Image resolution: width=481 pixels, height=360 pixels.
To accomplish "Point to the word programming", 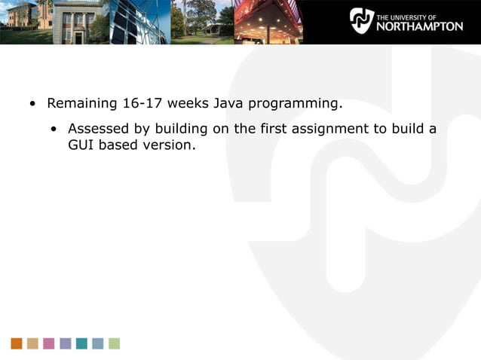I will click(x=296, y=104).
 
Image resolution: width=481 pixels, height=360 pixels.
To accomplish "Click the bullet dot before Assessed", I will click(x=54, y=129).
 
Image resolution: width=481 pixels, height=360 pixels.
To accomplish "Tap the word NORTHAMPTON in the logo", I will click(x=419, y=26).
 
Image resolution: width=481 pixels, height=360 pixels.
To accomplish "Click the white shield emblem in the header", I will click(x=361, y=20).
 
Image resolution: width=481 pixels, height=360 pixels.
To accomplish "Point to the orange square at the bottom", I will click(x=17, y=343).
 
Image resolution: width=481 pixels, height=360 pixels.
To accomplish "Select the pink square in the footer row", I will click(x=49, y=343).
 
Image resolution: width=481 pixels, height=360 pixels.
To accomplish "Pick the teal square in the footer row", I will click(x=81, y=343).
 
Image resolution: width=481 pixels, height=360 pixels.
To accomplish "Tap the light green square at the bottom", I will click(x=114, y=343).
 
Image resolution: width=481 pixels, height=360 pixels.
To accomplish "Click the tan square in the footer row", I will click(x=32, y=343).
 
